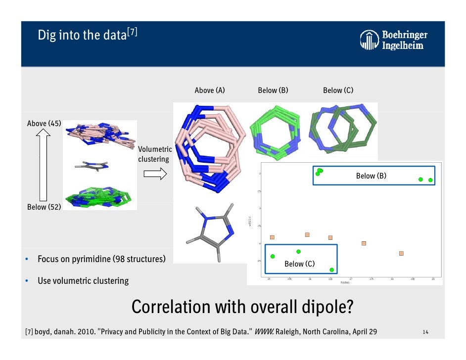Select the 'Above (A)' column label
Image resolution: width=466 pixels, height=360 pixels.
pos(210,90)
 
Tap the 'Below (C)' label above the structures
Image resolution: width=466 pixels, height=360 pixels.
pos(338,90)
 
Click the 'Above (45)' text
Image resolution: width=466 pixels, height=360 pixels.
pos(44,123)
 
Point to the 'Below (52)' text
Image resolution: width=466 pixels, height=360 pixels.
pos(44,207)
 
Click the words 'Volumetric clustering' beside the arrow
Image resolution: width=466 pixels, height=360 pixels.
pos(154,154)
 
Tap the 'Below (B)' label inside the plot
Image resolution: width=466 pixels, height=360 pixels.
pos(371,176)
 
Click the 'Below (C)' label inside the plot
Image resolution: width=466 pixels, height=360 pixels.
pos(299,264)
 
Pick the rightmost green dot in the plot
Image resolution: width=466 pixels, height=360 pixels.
pos(430,180)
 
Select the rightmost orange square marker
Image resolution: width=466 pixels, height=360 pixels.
pos(401,253)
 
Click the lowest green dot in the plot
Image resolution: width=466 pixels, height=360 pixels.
pos(332,270)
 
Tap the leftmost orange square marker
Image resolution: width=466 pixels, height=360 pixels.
pos(272,237)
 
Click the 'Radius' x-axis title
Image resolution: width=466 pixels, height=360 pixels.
pos(345,282)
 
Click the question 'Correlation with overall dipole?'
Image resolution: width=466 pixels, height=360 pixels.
pos(242,307)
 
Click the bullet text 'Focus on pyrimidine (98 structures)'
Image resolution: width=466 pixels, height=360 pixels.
pos(101,259)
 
